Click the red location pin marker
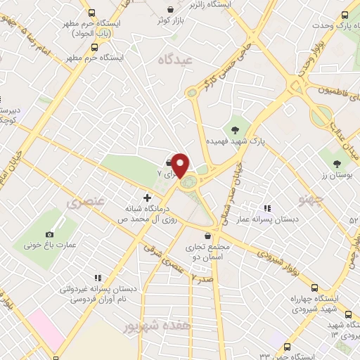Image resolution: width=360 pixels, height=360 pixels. (181, 165)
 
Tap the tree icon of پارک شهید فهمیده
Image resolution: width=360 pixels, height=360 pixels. (235, 129)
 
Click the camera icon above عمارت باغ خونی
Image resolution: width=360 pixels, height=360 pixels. (49, 234)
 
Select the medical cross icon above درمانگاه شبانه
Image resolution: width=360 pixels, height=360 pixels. (146, 198)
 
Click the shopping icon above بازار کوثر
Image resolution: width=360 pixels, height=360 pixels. (172, 10)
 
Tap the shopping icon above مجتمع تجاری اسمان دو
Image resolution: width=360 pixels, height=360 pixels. (207, 236)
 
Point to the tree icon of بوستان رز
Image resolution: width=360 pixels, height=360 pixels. (337, 163)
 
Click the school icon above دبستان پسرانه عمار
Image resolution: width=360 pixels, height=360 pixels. (267, 207)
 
